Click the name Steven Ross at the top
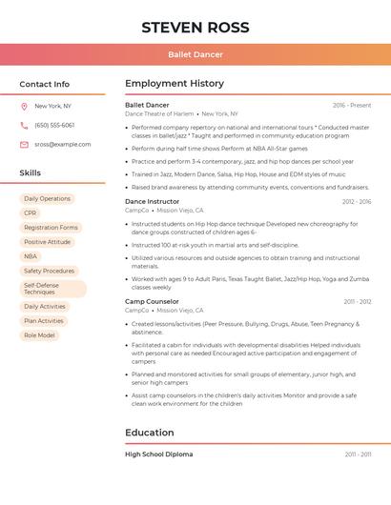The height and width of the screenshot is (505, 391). [x=195, y=27]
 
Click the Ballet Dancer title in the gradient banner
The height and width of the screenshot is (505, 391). [x=195, y=54]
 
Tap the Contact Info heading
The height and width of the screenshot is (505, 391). [x=44, y=84]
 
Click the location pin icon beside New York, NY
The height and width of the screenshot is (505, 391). [x=24, y=107]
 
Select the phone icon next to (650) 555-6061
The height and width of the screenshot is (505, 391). [x=24, y=126]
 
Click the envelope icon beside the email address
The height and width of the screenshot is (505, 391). [x=24, y=145]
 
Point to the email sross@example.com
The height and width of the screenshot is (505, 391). [x=63, y=145]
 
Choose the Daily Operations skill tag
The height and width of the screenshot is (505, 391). [x=47, y=199]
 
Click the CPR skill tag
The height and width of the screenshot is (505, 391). [x=31, y=213]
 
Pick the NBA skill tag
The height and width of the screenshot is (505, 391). [x=31, y=256]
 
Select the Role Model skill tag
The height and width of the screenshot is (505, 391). [x=39, y=335]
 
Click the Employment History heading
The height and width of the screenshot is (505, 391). [x=175, y=84]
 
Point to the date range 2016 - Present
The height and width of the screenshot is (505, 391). [x=352, y=105]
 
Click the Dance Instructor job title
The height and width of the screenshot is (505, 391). [x=152, y=202]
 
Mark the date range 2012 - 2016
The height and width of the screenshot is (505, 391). [x=357, y=202]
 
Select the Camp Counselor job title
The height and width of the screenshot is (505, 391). [x=152, y=302]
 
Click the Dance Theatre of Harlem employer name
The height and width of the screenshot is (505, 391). [x=159, y=113]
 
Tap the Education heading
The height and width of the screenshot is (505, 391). [x=150, y=433]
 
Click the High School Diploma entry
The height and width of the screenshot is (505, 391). [x=158, y=454]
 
